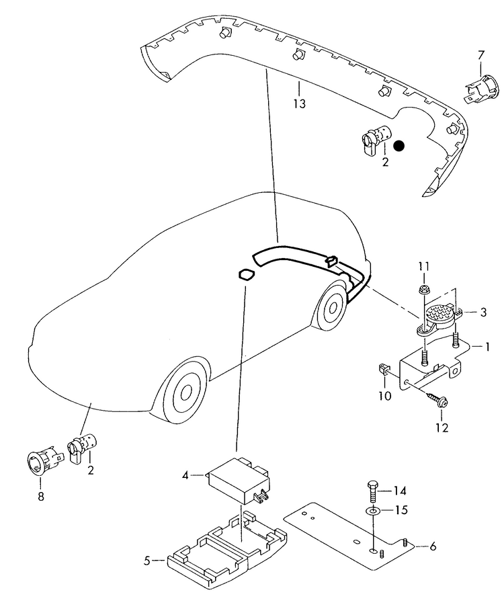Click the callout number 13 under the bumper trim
point(299,104)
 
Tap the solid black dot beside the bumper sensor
point(400,145)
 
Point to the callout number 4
point(185,476)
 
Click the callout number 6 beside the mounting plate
point(433,546)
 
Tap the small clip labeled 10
point(383,370)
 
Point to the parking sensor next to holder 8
point(82,446)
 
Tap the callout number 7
point(480,54)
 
